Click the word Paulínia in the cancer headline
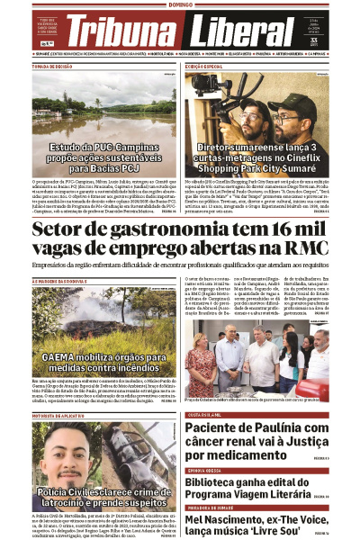(278, 429)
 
